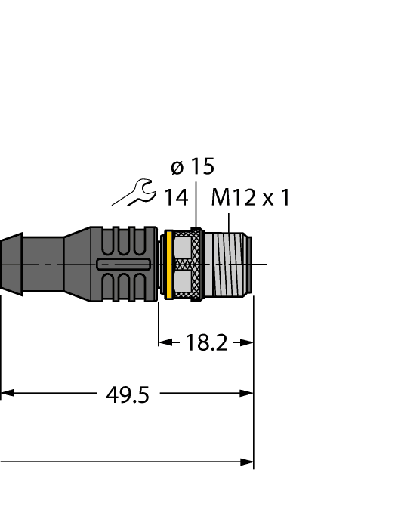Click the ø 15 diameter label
point(192,167)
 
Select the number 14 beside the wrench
point(176,198)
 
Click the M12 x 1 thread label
point(250,198)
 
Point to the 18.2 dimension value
point(206,342)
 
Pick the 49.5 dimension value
point(127,394)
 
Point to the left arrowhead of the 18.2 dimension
point(164,342)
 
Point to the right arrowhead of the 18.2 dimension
point(248,342)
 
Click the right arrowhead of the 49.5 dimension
point(248,393)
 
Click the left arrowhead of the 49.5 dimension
point(6,393)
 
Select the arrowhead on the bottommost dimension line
point(248,461)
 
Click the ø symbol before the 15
point(177,167)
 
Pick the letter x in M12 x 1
point(267,199)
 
